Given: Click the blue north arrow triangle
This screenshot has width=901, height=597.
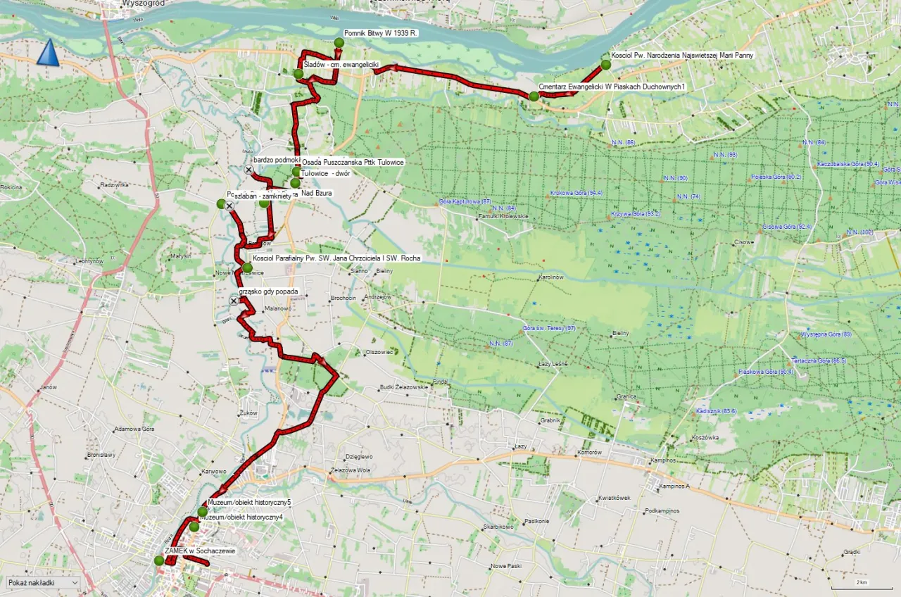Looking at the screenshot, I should [x=47, y=54].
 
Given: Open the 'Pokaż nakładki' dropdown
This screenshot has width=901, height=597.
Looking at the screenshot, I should [x=42, y=583].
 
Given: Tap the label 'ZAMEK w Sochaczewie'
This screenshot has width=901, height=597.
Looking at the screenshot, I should [x=200, y=551].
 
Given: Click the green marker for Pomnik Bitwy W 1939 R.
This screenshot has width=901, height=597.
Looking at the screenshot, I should [x=339, y=43].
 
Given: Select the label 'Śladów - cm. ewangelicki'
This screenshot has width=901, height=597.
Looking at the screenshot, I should [x=341, y=65].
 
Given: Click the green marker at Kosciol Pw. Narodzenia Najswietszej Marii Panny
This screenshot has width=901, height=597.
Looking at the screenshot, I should [x=605, y=65].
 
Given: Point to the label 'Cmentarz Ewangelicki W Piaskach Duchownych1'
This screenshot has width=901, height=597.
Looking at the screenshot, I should [x=612, y=86].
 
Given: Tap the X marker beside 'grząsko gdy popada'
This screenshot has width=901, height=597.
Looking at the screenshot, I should [x=234, y=301].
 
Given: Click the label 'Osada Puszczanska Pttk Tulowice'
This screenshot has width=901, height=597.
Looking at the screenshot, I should [x=352, y=162].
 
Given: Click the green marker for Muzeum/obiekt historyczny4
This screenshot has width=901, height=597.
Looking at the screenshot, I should [x=194, y=526].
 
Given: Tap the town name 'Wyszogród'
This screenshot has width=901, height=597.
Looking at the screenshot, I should [x=127, y=4].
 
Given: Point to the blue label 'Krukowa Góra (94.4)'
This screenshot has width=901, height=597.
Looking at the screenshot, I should [x=576, y=192].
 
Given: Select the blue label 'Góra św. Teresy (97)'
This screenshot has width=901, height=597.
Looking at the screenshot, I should [x=549, y=329].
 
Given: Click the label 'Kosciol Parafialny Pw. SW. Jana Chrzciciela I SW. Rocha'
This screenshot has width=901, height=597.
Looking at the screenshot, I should [x=336, y=258].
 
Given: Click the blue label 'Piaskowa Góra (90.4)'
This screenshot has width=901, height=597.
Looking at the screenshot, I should [x=765, y=371].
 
